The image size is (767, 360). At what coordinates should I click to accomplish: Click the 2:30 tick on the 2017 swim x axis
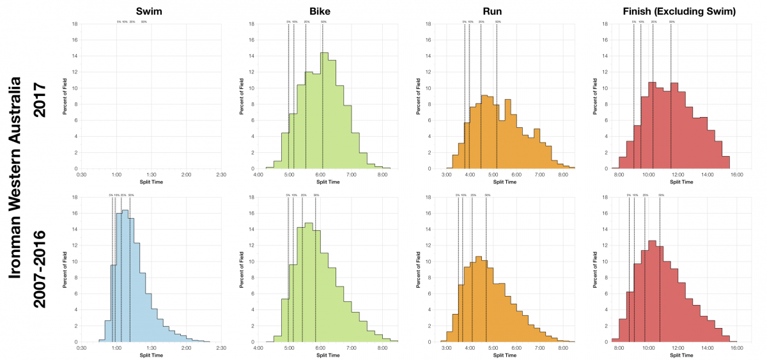tap(221, 175)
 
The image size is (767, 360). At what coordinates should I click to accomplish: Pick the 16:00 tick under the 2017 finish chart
tap(736, 175)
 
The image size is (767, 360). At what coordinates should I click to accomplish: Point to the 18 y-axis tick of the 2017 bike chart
tap(252, 24)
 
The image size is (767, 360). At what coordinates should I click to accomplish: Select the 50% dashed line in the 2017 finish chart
tap(671, 96)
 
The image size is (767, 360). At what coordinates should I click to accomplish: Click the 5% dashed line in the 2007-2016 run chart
tap(458, 269)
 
